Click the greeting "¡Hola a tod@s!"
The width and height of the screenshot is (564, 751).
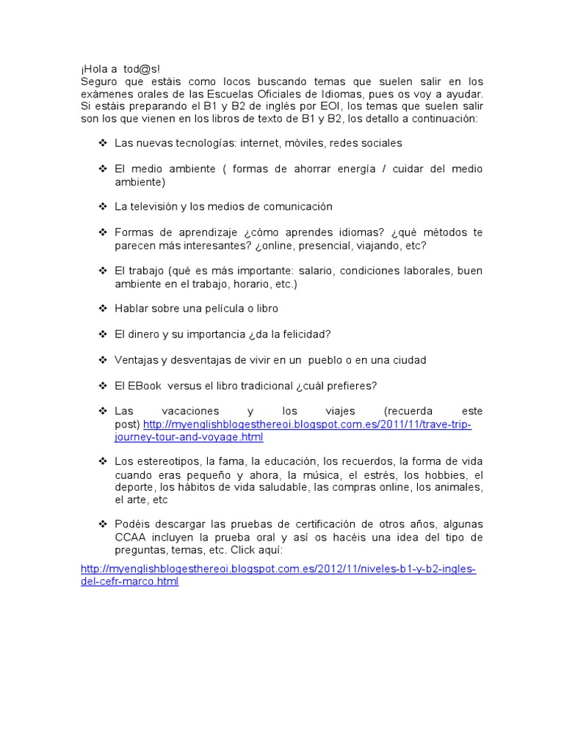[x=120, y=70]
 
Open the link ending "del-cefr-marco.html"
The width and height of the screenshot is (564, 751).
[x=129, y=582]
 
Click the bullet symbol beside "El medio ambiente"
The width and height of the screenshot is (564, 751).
[x=103, y=169]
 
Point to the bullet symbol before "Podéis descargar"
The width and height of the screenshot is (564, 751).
[x=103, y=524]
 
